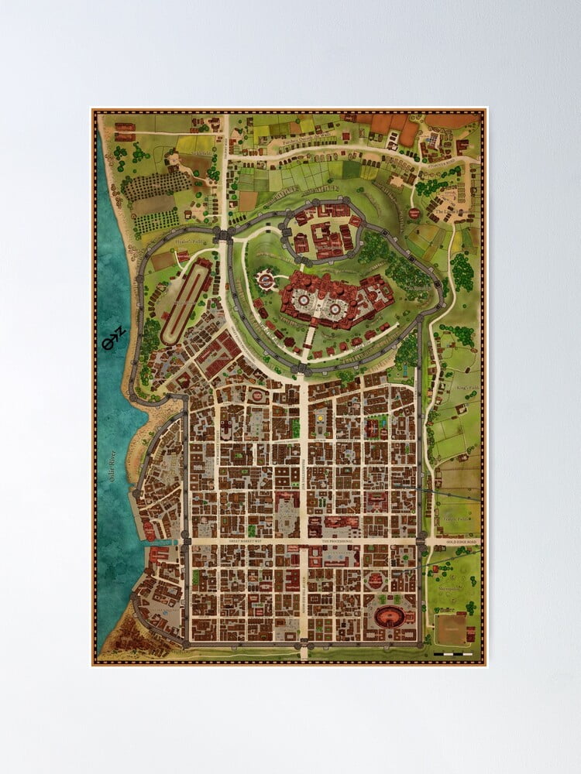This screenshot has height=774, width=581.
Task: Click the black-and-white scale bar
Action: pos(453,655)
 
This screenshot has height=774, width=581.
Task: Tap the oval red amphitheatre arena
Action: pos(390,616)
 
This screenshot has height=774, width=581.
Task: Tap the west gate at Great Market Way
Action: pos(186,539)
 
